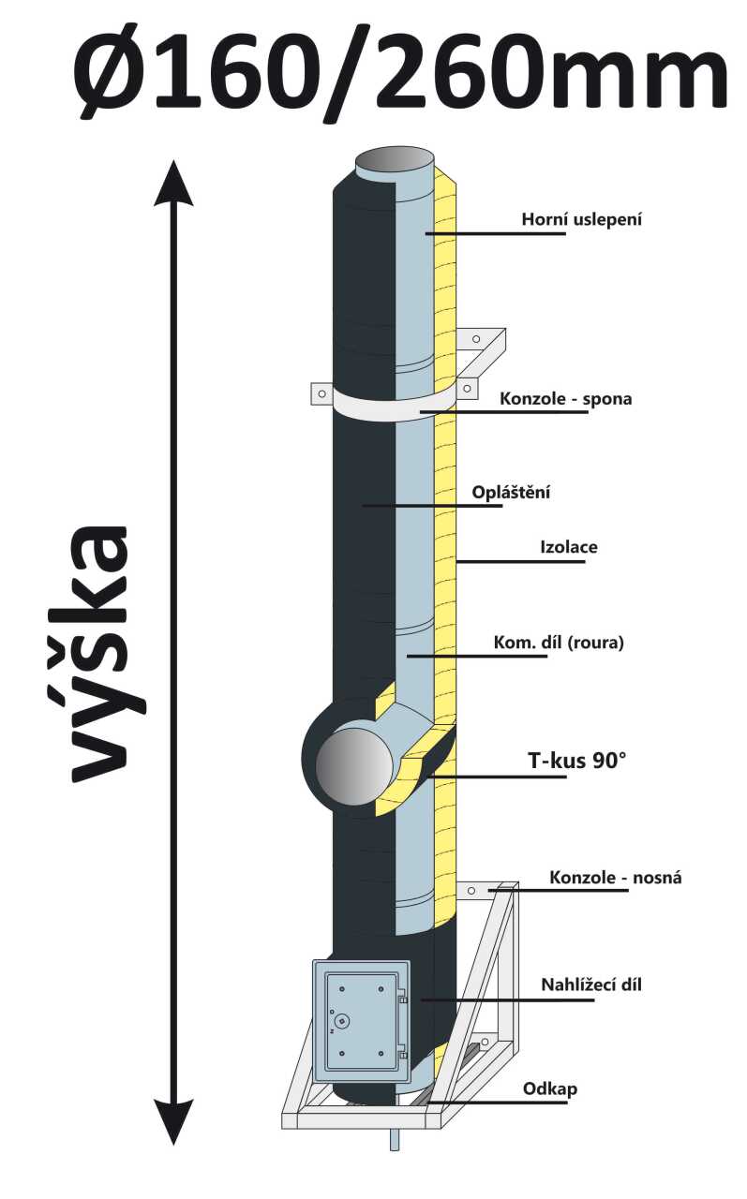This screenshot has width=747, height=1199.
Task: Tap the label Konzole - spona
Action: point(565,399)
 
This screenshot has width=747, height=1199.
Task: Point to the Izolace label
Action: point(569,547)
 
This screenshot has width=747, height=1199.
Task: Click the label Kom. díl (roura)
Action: point(558,644)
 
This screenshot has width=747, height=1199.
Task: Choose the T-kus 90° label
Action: point(573,761)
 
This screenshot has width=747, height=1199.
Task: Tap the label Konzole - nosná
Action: point(616,878)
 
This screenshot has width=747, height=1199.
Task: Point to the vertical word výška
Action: point(98,652)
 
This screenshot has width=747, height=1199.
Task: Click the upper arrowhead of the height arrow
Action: point(173,183)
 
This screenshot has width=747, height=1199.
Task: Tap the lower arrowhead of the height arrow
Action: point(173,1121)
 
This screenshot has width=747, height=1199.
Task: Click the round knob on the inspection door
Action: point(343,1020)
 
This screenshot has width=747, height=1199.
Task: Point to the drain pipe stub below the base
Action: point(394,1139)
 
